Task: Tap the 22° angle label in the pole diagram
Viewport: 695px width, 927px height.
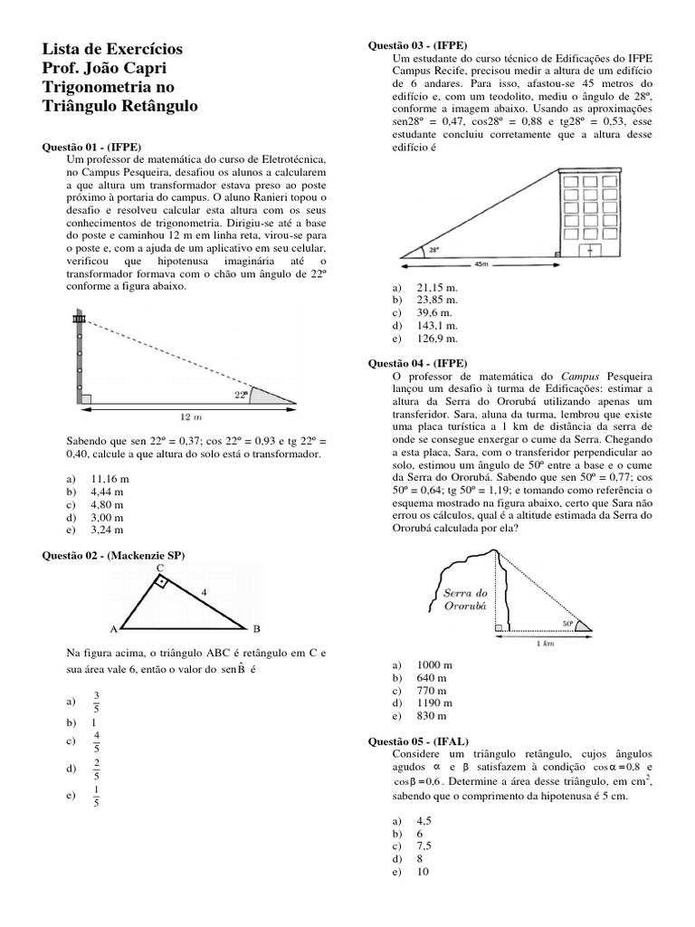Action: coord(240,395)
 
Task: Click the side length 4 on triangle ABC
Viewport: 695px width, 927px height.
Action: coord(205,592)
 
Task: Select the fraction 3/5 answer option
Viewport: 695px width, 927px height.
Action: coord(97,701)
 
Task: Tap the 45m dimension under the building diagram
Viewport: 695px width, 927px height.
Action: coord(481,265)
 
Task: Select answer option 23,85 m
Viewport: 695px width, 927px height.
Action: coord(437,299)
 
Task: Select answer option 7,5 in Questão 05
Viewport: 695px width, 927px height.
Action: coord(424,845)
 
